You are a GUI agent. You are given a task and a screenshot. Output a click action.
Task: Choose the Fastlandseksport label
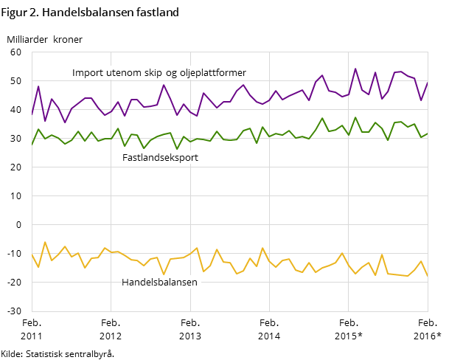[x=160, y=158]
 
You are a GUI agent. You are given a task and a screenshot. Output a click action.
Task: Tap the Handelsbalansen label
[x=159, y=282]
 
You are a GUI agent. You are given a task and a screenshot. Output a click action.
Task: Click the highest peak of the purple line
[x=355, y=69]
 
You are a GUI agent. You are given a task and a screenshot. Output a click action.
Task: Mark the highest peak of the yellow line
[x=45, y=242]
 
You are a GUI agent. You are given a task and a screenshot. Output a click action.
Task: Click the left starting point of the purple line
[x=32, y=114]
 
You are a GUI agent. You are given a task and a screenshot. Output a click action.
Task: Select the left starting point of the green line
[x=32, y=145]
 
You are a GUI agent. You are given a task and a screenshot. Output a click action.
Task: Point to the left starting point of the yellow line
[x=32, y=254]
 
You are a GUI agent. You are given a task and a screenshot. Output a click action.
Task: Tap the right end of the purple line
[x=428, y=83]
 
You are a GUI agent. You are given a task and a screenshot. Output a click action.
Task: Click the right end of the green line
[x=428, y=134]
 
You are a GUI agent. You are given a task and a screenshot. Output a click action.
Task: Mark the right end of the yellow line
[x=428, y=275]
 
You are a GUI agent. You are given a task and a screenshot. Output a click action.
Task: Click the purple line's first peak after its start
[x=38, y=86]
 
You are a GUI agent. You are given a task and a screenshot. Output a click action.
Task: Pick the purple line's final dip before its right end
[x=421, y=100]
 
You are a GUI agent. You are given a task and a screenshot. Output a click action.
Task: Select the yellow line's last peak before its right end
[x=421, y=261]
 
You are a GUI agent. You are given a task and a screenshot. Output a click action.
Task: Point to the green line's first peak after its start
[x=38, y=129]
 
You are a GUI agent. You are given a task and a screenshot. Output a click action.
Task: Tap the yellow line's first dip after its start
[x=38, y=267]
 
